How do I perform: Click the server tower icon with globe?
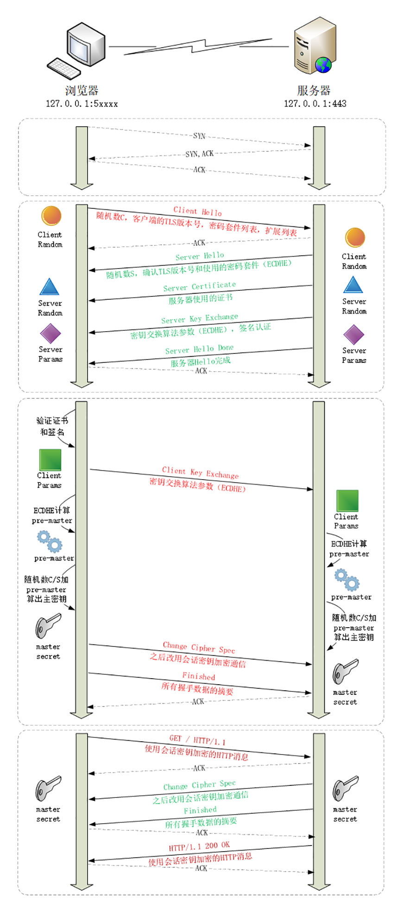point(314,46)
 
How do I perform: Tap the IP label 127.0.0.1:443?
point(315,103)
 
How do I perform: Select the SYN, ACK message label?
point(199,154)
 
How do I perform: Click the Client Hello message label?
point(198,211)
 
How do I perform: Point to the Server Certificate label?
point(200,286)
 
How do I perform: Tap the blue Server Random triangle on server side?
point(353,285)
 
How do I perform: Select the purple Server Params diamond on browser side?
point(50,334)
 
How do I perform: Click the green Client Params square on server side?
point(347,501)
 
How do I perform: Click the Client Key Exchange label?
point(200,472)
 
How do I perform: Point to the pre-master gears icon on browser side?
point(50,541)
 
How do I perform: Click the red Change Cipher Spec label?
point(199,647)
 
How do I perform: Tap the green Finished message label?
point(200,810)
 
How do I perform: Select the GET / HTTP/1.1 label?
point(197,739)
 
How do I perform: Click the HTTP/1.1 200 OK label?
point(199,846)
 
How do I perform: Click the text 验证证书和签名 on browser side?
point(52,426)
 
